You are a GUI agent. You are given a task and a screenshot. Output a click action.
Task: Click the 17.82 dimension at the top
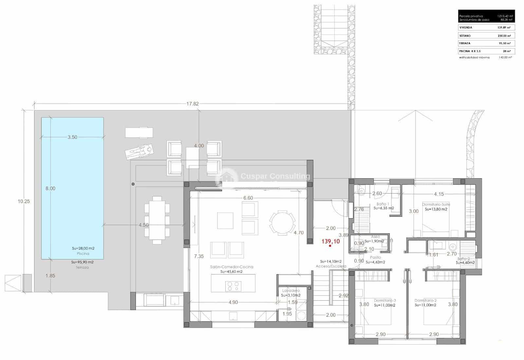[x=192, y=104]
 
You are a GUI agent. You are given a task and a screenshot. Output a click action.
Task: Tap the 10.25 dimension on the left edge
[x=24, y=201]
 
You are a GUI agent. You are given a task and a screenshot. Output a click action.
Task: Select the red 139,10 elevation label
[x=330, y=241]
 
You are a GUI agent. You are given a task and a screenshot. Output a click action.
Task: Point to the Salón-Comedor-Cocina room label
[x=232, y=267]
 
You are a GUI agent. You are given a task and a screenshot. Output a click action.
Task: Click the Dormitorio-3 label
[x=385, y=300]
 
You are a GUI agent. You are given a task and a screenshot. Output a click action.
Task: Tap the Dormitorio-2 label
[x=425, y=300]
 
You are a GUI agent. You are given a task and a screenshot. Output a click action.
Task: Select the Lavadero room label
[x=291, y=291]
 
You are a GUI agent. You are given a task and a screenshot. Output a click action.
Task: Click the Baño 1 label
[x=383, y=204]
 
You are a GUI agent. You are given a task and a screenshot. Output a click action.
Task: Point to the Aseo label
[x=375, y=237]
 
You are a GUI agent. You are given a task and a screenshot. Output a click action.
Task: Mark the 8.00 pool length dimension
[x=50, y=188]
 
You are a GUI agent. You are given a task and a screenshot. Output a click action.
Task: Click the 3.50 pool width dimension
[x=72, y=137]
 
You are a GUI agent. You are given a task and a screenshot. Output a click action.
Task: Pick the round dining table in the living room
[x=282, y=223]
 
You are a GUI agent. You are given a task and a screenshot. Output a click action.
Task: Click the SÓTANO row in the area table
[x=486, y=36]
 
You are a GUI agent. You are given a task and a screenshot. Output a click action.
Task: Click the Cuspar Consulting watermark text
[x=275, y=177]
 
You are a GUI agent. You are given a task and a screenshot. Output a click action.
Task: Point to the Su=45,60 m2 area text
[x=232, y=272]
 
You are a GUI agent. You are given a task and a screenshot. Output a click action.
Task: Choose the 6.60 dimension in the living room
[x=248, y=198]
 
